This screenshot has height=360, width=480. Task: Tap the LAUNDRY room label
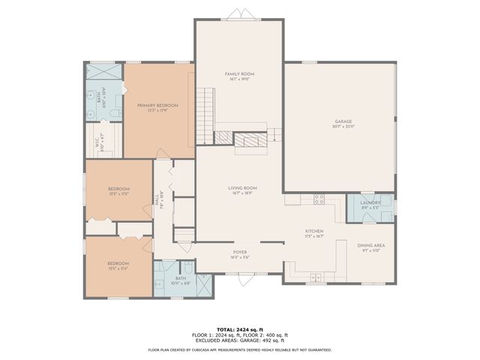[x=370, y=202]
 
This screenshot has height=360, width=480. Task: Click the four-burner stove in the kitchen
[x=318, y=199]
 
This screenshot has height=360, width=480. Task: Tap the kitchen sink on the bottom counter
[x=315, y=277]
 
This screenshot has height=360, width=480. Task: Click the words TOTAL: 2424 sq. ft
[x=240, y=328]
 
